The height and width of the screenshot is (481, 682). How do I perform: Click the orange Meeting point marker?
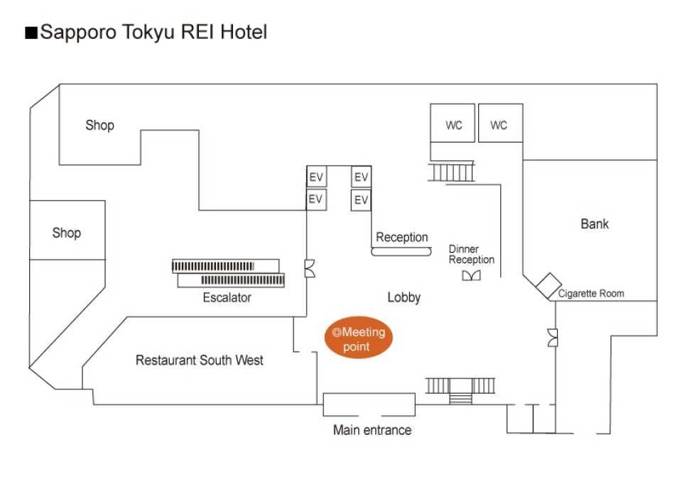[x=358, y=338]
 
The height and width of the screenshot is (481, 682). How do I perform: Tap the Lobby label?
[x=404, y=298]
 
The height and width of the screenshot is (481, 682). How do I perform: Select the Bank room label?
[x=595, y=224]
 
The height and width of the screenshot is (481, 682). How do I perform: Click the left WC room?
[x=453, y=123]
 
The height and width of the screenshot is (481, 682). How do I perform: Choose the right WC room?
[x=501, y=123]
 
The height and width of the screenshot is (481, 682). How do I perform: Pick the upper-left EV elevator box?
[x=316, y=177]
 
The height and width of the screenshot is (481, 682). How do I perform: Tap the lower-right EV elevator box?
[x=361, y=200]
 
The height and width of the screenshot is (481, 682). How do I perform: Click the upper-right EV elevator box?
[x=361, y=177]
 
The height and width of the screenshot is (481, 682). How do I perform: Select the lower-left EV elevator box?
[x=316, y=199]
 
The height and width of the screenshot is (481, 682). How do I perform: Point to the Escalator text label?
[x=227, y=298]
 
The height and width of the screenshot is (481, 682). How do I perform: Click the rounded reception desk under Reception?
[x=401, y=252]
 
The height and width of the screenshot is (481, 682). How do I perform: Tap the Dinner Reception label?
[x=472, y=255]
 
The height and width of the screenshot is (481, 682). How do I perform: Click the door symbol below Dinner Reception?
[x=471, y=275]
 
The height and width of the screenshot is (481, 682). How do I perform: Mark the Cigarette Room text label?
[x=591, y=294]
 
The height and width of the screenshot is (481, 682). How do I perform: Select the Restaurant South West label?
[x=199, y=360]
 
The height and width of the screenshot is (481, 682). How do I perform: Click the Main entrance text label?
[x=372, y=430]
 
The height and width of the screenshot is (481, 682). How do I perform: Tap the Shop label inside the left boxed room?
[x=67, y=233]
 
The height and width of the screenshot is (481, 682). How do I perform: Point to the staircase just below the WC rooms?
[x=451, y=172]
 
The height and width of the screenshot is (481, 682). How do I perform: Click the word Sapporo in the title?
[x=78, y=33]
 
